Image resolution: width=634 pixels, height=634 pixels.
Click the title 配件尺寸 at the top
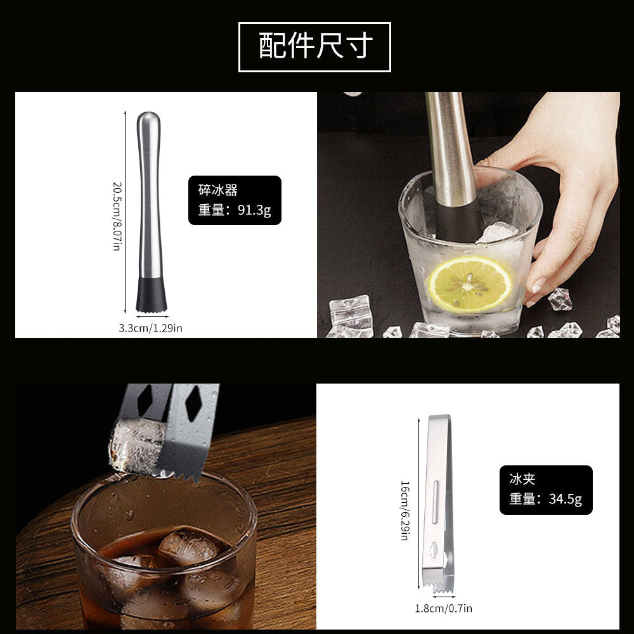314,47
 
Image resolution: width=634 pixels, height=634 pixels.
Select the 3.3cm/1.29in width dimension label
150,328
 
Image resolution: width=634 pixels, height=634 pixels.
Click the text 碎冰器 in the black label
217,190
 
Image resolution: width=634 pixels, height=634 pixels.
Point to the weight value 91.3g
254,210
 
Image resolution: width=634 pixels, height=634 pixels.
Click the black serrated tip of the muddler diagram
152,297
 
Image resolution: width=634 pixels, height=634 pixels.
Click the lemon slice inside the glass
470,283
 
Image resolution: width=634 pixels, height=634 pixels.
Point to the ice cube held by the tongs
138,447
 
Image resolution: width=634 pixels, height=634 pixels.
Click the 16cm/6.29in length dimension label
404,509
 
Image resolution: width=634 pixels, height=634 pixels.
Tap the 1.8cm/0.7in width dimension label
443,609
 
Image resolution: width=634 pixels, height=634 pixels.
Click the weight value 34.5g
565,499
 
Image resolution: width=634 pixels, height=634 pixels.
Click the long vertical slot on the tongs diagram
435,503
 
